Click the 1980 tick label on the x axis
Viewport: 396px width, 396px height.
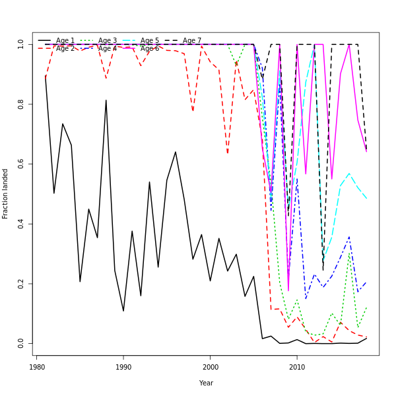pos(37,367)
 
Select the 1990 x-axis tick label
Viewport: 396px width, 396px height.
pos(123,367)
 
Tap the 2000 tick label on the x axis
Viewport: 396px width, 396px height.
pos(210,367)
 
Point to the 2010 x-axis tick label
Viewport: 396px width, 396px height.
pos(297,367)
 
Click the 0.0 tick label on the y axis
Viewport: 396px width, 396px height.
pos(21,344)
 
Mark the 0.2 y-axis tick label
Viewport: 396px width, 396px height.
pos(21,284)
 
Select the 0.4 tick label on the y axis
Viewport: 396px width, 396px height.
pos(21,224)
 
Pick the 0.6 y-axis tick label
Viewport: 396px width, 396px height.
pos(21,164)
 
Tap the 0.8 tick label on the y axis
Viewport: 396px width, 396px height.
pos(21,104)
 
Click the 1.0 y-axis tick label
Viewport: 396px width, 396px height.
pos(21,44)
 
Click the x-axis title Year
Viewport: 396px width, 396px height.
pos(206,383)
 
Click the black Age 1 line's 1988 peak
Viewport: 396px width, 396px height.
pos(106,100)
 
